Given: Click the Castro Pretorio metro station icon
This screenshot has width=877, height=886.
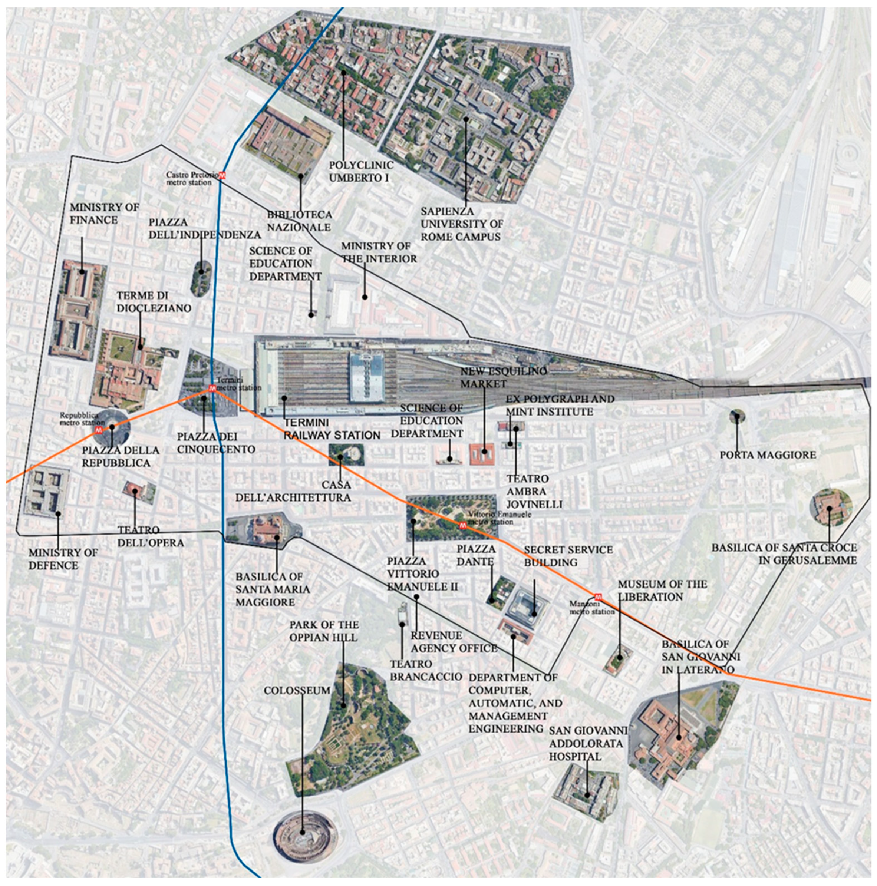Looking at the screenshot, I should (x=222, y=175).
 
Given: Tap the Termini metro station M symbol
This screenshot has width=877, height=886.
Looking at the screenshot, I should (x=212, y=388).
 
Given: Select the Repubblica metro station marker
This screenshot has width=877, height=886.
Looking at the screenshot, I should (x=99, y=430).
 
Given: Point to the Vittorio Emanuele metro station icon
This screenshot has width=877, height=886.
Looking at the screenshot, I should (x=463, y=526).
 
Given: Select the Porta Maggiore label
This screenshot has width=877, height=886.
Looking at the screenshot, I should (x=767, y=454).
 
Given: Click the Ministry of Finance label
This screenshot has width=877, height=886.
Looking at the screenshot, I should (x=104, y=214).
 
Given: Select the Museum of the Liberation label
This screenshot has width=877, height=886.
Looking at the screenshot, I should (x=662, y=590).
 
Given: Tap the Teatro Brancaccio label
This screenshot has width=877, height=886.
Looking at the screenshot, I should (x=426, y=670).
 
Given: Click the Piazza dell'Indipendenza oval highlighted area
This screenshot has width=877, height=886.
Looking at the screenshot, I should (x=201, y=277).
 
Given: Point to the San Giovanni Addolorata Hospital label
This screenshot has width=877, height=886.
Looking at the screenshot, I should (x=586, y=743).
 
